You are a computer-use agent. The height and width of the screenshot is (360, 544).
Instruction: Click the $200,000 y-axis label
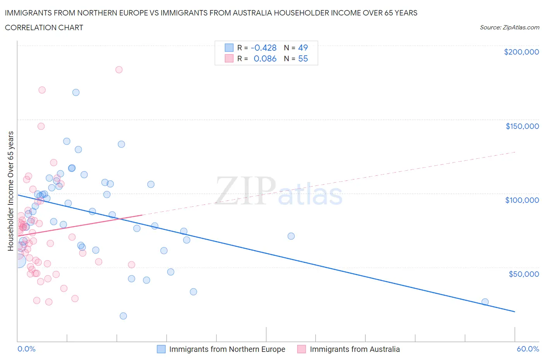(521, 52)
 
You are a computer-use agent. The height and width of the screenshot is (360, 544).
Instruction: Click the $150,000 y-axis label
(522, 126)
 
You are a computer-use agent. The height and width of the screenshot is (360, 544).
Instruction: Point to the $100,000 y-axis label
(522, 200)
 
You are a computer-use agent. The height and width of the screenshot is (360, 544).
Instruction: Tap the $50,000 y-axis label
(523, 274)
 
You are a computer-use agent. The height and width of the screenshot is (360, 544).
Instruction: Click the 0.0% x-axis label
(26, 349)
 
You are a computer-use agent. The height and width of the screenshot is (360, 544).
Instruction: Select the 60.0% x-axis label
(528, 349)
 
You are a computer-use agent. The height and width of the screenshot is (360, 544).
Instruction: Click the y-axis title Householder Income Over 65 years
(11, 191)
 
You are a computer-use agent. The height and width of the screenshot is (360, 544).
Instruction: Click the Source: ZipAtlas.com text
(509, 27)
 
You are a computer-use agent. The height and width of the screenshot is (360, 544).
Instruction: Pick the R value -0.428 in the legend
(263, 48)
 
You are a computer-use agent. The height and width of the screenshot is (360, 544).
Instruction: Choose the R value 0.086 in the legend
(265, 58)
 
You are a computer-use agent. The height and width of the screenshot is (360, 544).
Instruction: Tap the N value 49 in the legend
(303, 48)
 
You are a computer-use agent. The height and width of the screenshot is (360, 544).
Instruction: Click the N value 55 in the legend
(303, 58)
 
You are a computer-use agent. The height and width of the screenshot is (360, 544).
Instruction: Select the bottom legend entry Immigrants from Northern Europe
(227, 349)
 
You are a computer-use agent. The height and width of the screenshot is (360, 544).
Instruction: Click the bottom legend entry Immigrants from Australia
(354, 349)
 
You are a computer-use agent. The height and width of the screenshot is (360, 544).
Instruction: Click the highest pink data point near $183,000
(119, 70)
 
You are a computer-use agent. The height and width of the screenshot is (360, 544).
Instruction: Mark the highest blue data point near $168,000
(76, 93)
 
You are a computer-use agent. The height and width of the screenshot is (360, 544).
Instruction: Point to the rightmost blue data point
(485, 302)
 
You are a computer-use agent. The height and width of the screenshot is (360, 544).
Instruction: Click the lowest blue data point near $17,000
(123, 316)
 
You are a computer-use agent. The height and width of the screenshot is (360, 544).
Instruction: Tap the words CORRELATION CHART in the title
(44, 27)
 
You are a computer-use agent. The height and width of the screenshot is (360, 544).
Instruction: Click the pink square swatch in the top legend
(229, 58)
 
